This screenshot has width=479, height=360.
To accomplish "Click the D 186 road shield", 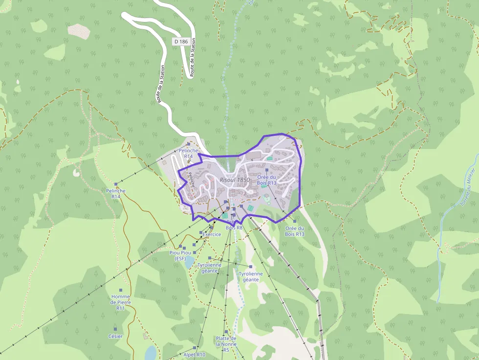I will (180, 42).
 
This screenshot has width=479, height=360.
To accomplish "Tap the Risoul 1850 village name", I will (235, 180).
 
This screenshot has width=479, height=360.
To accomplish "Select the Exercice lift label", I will (212, 234).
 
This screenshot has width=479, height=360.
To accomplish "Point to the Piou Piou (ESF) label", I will (180, 255).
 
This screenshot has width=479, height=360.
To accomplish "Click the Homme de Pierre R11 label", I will (121, 302).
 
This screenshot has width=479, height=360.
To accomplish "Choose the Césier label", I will (115, 336).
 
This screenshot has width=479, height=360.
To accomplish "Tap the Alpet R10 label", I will (195, 354).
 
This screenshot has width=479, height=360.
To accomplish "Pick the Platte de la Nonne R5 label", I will (226, 344).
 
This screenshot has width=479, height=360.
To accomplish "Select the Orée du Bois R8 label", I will (234, 225).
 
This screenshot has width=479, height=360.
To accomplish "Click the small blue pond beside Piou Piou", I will (189, 263).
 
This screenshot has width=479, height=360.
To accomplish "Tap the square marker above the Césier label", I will (115, 329).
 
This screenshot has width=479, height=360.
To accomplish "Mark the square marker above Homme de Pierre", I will (121, 290).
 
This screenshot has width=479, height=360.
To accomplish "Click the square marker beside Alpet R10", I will (195, 348).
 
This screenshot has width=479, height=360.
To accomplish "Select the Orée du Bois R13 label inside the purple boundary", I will (267, 180).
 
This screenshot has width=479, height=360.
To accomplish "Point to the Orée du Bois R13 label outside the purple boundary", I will (295, 231).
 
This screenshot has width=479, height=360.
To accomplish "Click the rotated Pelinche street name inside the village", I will (192, 180).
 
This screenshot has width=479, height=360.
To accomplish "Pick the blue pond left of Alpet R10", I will (151, 353).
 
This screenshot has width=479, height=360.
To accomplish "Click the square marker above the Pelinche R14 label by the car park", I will (189, 144).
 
